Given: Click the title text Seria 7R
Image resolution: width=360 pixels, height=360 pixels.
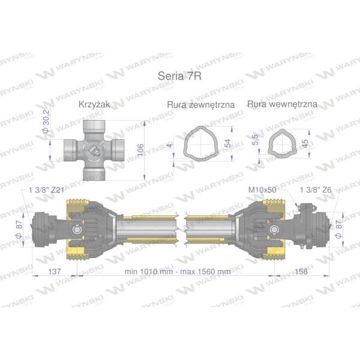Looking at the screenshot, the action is pyautogui.click(x=179, y=76).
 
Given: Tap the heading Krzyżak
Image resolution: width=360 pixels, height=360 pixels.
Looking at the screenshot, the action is pyautogui.click(x=94, y=104).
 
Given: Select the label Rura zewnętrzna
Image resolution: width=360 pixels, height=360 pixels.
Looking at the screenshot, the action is pyautogui.click(x=201, y=105).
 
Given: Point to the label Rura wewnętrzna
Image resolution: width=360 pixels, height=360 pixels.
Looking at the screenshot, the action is pyautogui.click(x=282, y=104).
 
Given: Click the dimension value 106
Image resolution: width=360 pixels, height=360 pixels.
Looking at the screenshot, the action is pyautogui.click(x=140, y=150).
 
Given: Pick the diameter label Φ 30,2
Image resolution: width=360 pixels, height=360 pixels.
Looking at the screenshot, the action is pyautogui.click(x=46, y=121).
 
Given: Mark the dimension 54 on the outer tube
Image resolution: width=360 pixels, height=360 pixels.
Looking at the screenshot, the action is pyautogui.click(x=228, y=143).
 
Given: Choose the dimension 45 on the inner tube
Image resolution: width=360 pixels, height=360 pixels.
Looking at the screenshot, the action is pyautogui.click(x=305, y=143).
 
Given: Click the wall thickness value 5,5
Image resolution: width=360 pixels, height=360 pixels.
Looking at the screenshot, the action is pyautogui.click(x=255, y=140).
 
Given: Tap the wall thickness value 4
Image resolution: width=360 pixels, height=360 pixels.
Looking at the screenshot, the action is pyautogui.click(x=170, y=145).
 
